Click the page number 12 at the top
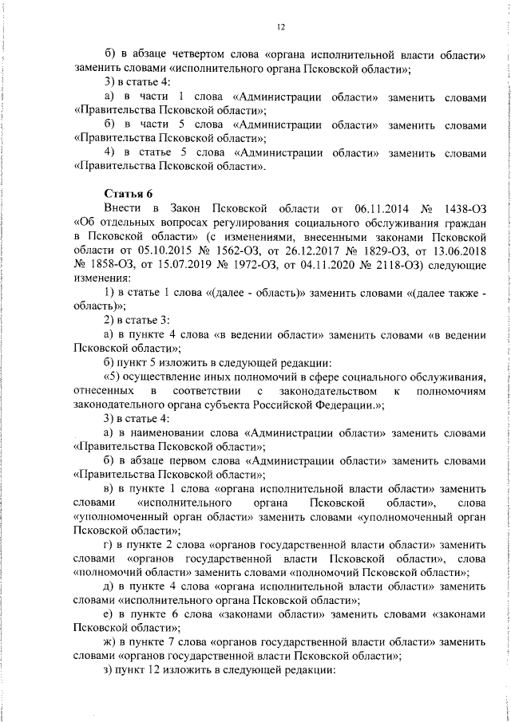(281, 27)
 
